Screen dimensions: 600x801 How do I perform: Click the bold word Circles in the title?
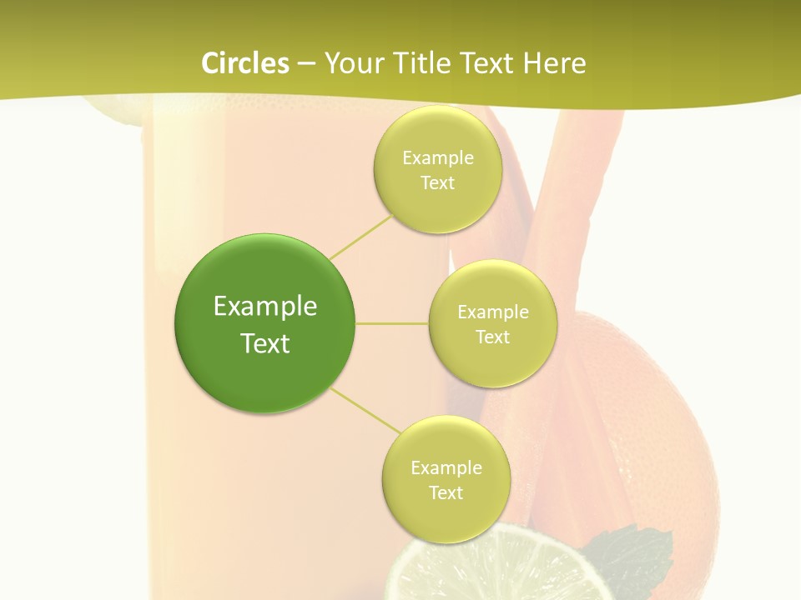pos(245,62)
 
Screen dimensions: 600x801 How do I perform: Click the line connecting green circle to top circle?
pos(360,236)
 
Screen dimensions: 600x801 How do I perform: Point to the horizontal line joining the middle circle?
pos(392,323)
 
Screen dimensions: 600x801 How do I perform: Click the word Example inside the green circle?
pos(265,307)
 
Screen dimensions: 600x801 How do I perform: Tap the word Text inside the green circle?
pos(265,343)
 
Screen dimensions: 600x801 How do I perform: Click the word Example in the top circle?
pos(438,158)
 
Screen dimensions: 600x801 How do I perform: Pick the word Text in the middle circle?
pos(492,337)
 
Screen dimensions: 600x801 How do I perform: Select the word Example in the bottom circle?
pos(446,468)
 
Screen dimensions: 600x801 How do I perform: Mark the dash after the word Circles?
pos(306,64)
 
